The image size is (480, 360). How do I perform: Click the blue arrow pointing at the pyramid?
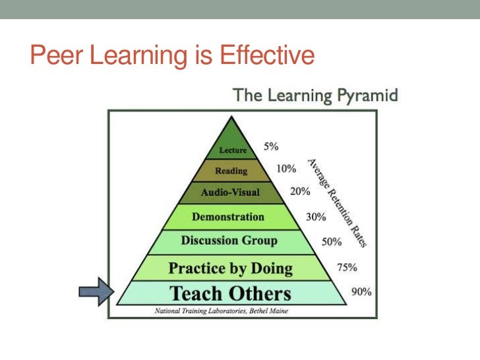click(x=96, y=291)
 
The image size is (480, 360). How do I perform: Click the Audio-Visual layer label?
click(x=230, y=193)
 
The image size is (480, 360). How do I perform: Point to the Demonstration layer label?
click(x=228, y=216)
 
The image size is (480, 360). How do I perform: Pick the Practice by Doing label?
click(x=230, y=268)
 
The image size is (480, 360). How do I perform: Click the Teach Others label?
click(x=230, y=293)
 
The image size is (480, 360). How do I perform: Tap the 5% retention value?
click(x=271, y=148)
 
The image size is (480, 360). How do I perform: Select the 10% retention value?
click(x=285, y=169)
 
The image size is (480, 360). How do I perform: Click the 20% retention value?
click(x=300, y=193)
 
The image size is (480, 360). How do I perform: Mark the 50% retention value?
click(x=331, y=241)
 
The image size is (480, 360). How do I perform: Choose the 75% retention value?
click(x=347, y=268)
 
